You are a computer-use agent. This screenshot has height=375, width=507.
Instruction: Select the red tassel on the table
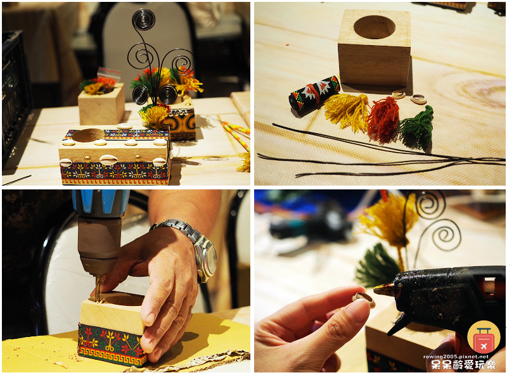click(383, 120)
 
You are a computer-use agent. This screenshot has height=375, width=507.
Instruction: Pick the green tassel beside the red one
click(416, 129)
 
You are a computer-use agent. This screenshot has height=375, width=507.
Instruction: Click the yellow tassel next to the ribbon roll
click(347, 111)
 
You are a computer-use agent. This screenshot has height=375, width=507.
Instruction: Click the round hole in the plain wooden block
click(374, 27)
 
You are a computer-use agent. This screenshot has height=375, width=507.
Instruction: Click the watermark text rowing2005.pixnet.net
click(456, 357)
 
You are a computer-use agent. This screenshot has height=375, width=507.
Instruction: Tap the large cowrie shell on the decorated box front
click(108, 160)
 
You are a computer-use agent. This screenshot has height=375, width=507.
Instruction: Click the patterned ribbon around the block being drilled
click(112, 345)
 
